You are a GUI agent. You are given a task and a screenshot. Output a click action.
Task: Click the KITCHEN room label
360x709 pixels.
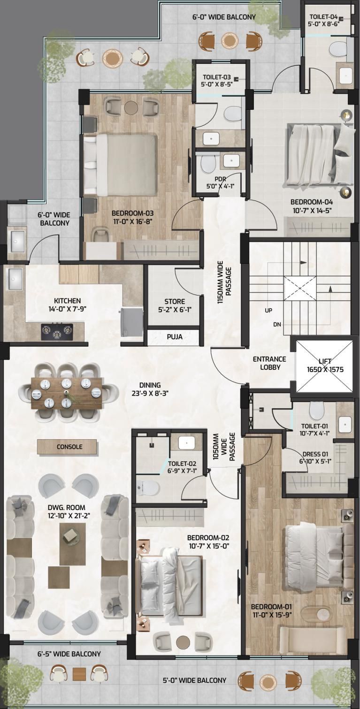(67, 305)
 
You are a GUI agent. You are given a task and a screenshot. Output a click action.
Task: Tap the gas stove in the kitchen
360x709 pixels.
(57, 331)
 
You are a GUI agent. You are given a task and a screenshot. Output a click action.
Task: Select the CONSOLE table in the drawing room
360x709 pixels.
(67, 447)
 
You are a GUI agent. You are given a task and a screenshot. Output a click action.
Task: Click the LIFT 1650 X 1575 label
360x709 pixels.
(325, 365)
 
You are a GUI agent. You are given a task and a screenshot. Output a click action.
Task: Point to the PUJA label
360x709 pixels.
(175, 337)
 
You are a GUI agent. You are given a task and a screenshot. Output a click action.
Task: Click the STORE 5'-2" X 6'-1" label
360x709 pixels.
(175, 305)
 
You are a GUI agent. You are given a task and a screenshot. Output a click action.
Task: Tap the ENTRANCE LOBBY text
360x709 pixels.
(269, 363)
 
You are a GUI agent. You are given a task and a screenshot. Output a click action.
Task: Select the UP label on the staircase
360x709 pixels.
(268, 310)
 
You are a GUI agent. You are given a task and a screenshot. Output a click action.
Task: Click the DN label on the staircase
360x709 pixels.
(277, 324)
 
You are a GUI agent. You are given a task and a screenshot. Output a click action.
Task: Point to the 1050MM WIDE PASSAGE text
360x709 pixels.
(224, 447)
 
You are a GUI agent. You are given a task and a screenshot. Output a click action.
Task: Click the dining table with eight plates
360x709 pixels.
(67, 392)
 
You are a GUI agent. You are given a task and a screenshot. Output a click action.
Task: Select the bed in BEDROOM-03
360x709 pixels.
(121, 165)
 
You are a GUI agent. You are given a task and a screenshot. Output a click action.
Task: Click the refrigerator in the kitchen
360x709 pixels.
(132, 323)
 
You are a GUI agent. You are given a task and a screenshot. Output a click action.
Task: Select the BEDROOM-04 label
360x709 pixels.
(312, 206)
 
